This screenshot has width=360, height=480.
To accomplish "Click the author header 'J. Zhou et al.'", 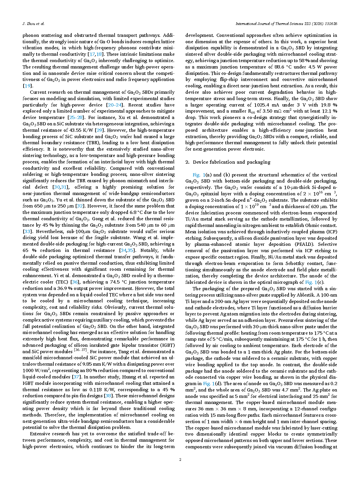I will tap(33, 24).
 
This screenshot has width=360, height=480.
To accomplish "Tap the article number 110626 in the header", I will tap(330, 24).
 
